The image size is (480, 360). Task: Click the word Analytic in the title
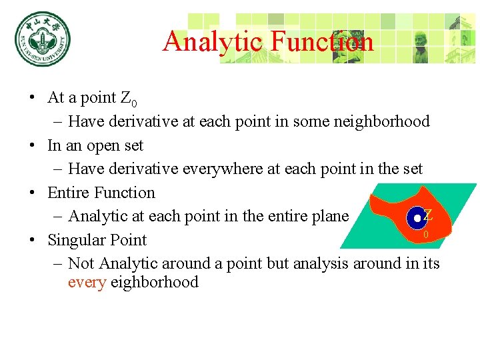point(210,41)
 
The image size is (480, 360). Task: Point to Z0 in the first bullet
point(129,99)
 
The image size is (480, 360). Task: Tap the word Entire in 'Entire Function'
point(69,193)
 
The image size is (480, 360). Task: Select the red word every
point(87,282)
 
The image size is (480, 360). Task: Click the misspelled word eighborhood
point(154,282)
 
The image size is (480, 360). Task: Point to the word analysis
point(321,263)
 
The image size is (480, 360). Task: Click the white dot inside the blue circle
point(417,217)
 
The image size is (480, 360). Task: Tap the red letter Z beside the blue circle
point(428,215)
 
